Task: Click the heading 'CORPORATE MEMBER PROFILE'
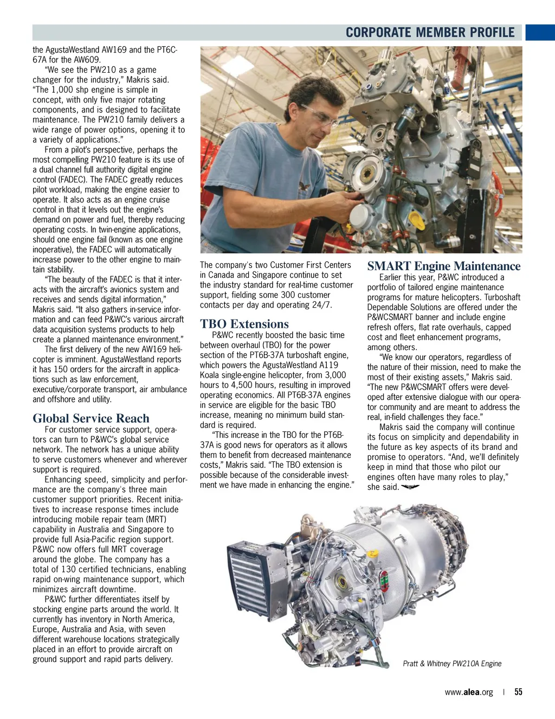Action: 430,33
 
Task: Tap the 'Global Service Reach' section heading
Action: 91,418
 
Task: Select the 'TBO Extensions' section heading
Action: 244,324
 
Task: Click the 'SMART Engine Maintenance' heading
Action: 443,266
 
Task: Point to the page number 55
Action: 518,692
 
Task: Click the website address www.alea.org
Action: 469,692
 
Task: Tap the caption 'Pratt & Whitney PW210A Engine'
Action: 452,664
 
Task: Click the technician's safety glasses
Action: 319,117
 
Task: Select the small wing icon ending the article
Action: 410,487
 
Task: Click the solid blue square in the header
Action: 540,33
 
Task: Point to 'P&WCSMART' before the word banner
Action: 389,317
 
